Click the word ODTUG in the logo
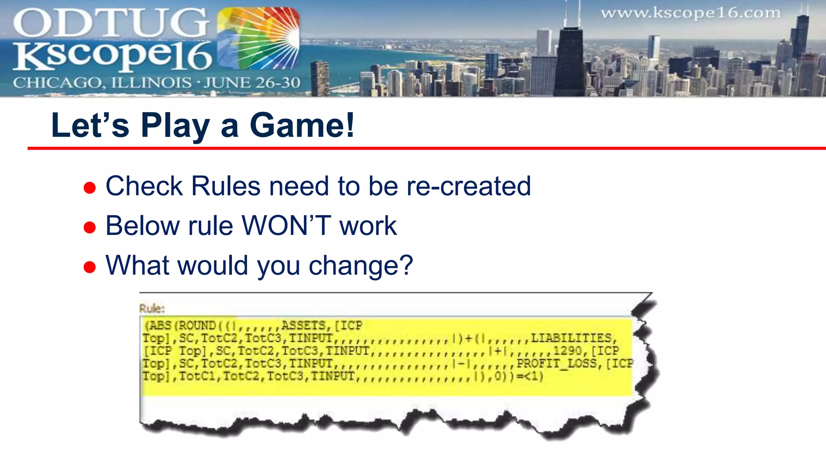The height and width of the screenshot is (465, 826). click(111, 23)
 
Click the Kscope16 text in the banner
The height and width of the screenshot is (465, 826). click(113, 56)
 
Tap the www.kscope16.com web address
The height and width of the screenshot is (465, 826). click(690, 13)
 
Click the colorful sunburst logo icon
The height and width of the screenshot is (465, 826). click(258, 38)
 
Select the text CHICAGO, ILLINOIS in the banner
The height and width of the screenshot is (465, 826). click(102, 83)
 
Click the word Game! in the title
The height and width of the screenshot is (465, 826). click(302, 126)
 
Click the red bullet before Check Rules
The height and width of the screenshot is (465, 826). click(90, 188)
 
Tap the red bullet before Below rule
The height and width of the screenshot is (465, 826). click(90, 227)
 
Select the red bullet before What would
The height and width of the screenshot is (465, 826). click(90, 267)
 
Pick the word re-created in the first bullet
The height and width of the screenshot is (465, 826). click(468, 186)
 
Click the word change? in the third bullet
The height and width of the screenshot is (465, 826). click(361, 266)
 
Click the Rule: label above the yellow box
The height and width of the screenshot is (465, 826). click(152, 309)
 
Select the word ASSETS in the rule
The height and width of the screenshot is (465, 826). click(303, 325)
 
